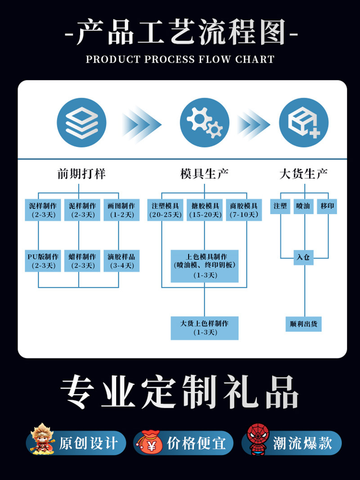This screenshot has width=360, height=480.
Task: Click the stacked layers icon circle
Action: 81,122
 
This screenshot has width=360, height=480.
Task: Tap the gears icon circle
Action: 205,122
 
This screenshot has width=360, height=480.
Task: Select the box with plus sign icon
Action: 304,122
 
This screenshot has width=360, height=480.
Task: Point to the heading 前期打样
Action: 81,174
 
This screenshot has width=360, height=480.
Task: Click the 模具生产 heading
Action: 205,174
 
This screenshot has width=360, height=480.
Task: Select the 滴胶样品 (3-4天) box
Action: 121,261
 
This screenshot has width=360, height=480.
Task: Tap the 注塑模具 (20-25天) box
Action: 166,210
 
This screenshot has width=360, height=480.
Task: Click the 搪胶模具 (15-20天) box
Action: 205,210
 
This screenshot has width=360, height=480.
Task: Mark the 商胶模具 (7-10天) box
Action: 244,210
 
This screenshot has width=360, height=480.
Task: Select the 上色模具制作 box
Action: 205,266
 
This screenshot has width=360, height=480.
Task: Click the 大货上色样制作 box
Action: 205,328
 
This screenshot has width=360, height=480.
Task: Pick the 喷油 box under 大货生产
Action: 303,206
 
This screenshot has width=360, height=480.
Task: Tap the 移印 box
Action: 327,206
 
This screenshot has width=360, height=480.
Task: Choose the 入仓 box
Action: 304,258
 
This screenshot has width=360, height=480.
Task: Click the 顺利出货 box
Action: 304,324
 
